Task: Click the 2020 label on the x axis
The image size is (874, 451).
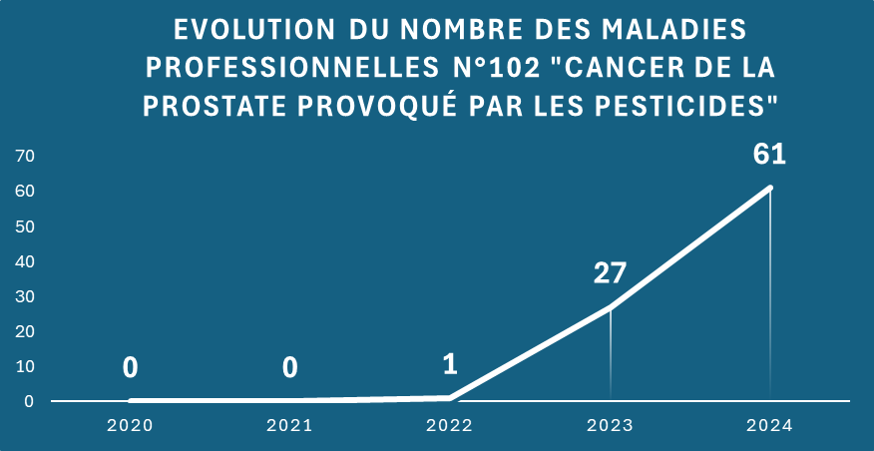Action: (130, 426)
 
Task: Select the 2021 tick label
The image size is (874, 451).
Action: (289, 426)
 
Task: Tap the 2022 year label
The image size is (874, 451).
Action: (450, 426)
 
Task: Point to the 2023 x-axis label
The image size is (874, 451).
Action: (610, 426)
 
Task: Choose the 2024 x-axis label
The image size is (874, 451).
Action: (769, 426)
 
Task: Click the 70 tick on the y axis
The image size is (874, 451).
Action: (25, 156)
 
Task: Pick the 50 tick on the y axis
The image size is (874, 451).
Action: (25, 226)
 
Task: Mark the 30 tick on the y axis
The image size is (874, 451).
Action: (25, 296)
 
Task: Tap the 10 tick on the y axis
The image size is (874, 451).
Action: (25, 366)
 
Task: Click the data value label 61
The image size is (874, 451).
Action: (770, 156)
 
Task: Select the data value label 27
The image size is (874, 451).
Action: (610, 273)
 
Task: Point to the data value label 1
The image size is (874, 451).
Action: (450, 364)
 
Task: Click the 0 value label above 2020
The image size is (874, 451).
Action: (130, 368)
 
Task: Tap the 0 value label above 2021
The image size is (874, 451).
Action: (289, 368)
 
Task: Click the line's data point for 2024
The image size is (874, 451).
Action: (770, 188)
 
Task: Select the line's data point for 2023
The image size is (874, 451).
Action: (610, 307)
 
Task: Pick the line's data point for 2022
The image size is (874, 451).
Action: (450, 397)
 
